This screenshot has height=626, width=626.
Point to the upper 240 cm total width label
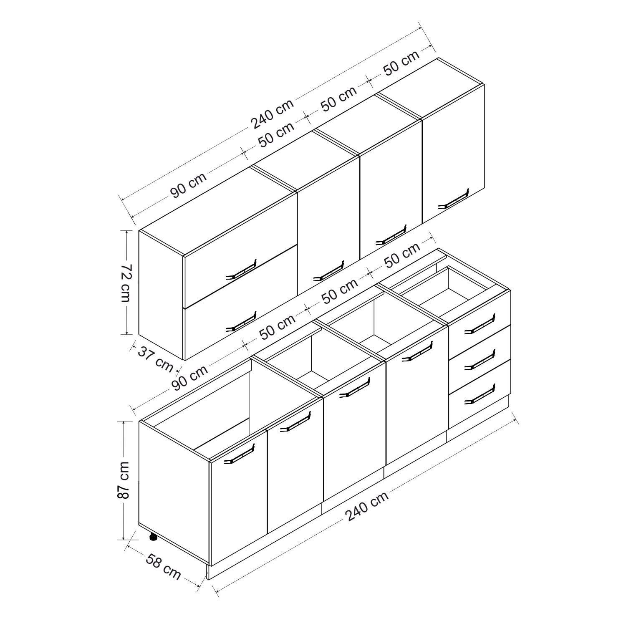click(x=272, y=114)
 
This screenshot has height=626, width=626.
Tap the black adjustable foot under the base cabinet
click(x=153, y=537)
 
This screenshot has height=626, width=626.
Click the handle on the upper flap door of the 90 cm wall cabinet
click(x=240, y=270)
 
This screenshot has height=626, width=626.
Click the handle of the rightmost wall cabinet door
click(x=454, y=198)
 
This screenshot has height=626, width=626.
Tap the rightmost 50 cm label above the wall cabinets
click(x=401, y=63)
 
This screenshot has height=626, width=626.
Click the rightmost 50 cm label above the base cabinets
click(x=402, y=255)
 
